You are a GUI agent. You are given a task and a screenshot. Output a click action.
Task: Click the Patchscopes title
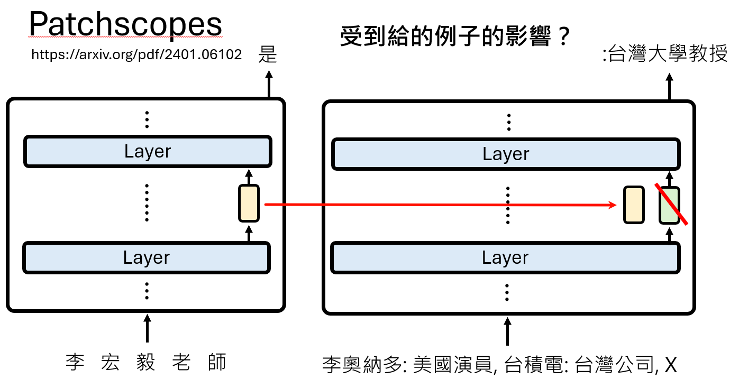coord(125,25)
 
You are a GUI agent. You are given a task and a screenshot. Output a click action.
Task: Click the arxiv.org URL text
coord(136,54)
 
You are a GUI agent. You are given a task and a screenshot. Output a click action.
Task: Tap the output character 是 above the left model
coord(268,54)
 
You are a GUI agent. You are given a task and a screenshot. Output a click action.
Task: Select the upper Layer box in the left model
coord(148,152)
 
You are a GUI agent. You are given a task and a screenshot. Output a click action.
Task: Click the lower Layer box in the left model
coord(147,257)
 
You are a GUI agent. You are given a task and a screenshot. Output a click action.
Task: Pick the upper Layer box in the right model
coord(506,154)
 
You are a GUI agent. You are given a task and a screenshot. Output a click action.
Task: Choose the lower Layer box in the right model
coord(505,257)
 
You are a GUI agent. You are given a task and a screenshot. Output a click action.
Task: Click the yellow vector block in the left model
coord(249,203)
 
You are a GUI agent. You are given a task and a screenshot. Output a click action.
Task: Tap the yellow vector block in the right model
coord(634,205)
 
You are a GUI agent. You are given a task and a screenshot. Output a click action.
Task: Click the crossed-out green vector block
coord(669,205)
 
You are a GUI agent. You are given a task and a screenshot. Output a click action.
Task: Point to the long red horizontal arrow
coord(439,204)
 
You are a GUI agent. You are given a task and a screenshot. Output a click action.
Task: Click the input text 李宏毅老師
coord(147,363)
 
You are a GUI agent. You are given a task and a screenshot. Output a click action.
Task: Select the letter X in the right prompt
coord(671,365)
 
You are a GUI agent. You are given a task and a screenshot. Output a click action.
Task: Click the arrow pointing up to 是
coord(268,85)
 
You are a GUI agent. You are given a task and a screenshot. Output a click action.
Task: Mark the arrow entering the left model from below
coord(147,328)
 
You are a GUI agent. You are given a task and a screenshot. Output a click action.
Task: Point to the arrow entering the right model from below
coord(508,331)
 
